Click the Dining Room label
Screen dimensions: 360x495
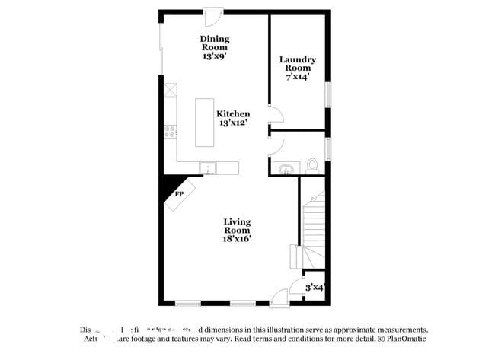[215, 47]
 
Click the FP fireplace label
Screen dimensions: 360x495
[180, 195]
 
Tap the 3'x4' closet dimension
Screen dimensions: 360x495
[315, 288]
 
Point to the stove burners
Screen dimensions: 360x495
[170, 131]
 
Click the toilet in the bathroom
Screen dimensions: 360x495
[312, 164]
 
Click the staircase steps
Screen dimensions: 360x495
[312, 221]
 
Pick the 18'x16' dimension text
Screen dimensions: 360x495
[237, 238]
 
